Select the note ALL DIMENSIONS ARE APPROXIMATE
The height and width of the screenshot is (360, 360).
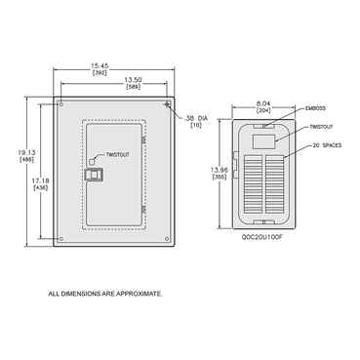(x=106, y=292)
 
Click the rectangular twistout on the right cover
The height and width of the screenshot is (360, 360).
(x=264, y=141)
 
